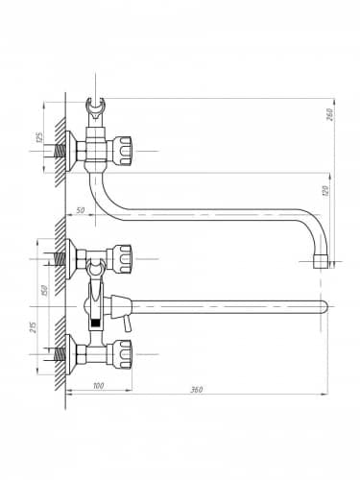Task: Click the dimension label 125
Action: pos(39,137)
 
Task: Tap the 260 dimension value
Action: pos(329,114)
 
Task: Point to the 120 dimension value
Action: pos(325,191)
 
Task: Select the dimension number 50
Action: pos(81,210)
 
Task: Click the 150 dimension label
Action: pos(44,290)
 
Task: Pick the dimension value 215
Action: pos(34,326)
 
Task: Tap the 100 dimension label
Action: pos(98,386)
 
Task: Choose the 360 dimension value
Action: pos(197,390)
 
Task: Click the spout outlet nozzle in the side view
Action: pos(321,261)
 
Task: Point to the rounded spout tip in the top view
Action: pos(324,306)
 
